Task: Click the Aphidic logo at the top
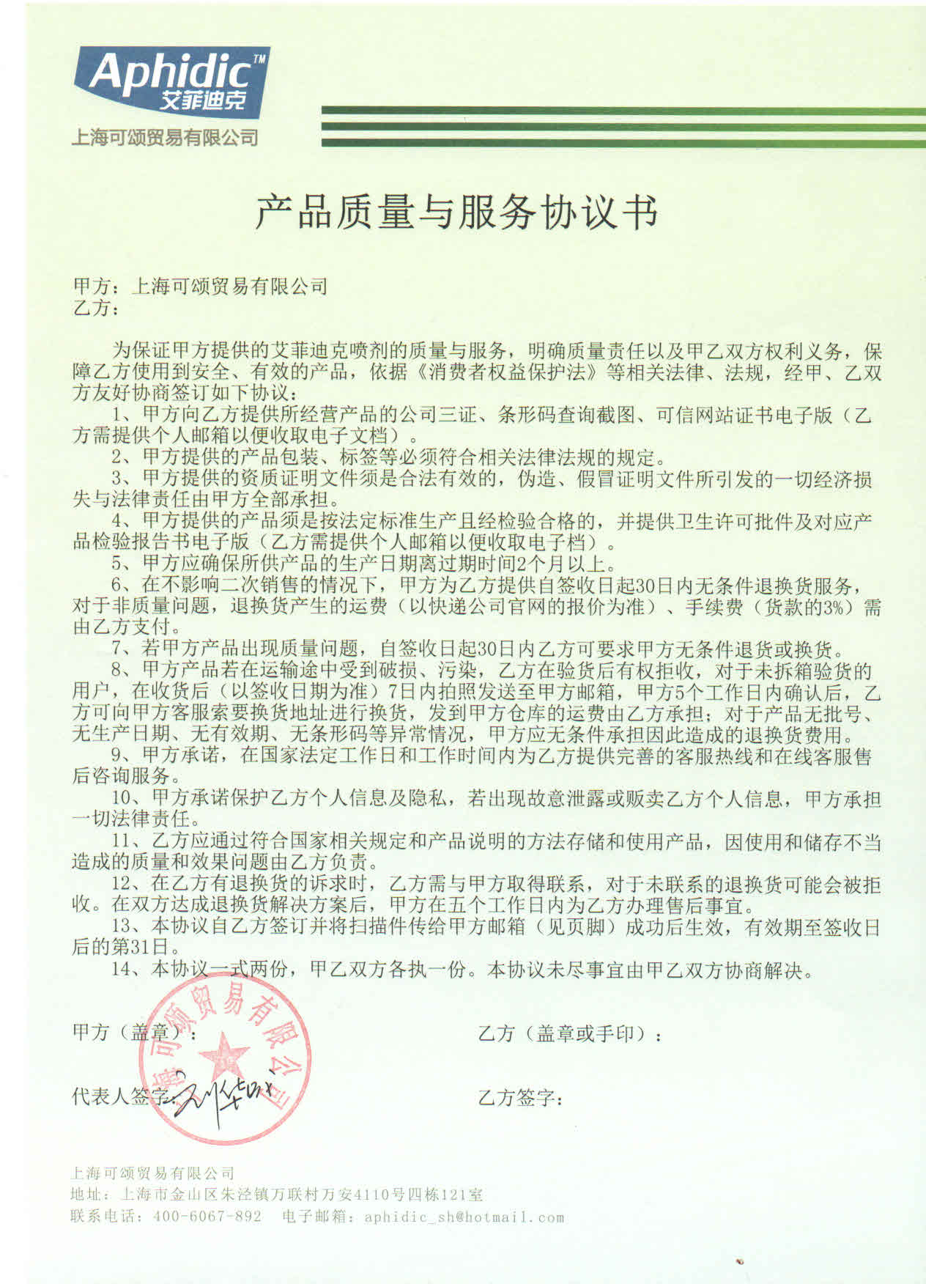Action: [171, 80]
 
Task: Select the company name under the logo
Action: [164, 137]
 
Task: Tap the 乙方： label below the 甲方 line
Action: [95, 308]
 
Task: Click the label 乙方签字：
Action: [521, 1098]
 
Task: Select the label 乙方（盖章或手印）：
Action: [571, 1034]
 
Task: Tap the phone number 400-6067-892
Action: [207, 1217]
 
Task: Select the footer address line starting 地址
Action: [276, 1195]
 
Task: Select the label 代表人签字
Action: [117, 1096]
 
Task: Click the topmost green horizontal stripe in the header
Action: [623, 111]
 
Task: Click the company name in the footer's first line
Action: [152, 1173]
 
